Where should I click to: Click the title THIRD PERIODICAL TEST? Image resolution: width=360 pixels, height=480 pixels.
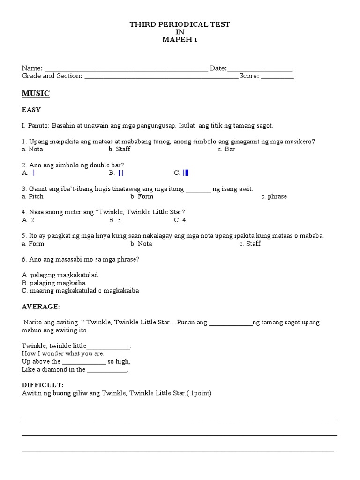pyautogui.click(x=180, y=24)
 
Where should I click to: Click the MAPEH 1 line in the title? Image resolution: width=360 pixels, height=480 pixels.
pyautogui.click(x=180, y=40)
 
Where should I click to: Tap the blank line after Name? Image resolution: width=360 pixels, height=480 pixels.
pyautogui.click(x=126, y=69)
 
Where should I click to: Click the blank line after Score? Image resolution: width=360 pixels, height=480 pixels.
pyautogui.click(x=277, y=77)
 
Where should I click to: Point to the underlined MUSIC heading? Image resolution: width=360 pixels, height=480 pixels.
pyautogui.click(x=36, y=94)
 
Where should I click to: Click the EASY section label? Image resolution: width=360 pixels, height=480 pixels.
pyautogui.click(x=31, y=110)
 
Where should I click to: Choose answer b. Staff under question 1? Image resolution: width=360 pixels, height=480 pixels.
pyautogui.click(x=120, y=149)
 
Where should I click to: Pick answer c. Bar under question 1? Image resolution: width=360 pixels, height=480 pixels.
pyautogui.click(x=226, y=149)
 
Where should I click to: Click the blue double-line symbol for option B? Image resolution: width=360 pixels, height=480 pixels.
pyautogui.click(x=121, y=173)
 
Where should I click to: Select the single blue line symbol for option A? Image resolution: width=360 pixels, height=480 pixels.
pyautogui.click(x=34, y=173)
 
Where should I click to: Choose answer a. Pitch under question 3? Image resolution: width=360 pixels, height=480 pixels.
pyautogui.click(x=32, y=196)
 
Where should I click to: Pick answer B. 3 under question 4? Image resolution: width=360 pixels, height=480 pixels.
pyautogui.click(x=115, y=220)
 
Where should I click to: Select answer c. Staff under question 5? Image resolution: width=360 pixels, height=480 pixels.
pyautogui.click(x=250, y=244)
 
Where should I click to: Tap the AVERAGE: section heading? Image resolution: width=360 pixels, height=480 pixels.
pyautogui.click(x=41, y=306)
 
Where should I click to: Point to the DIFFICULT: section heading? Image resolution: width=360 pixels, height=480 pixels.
pyautogui.click(x=43, y=385)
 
